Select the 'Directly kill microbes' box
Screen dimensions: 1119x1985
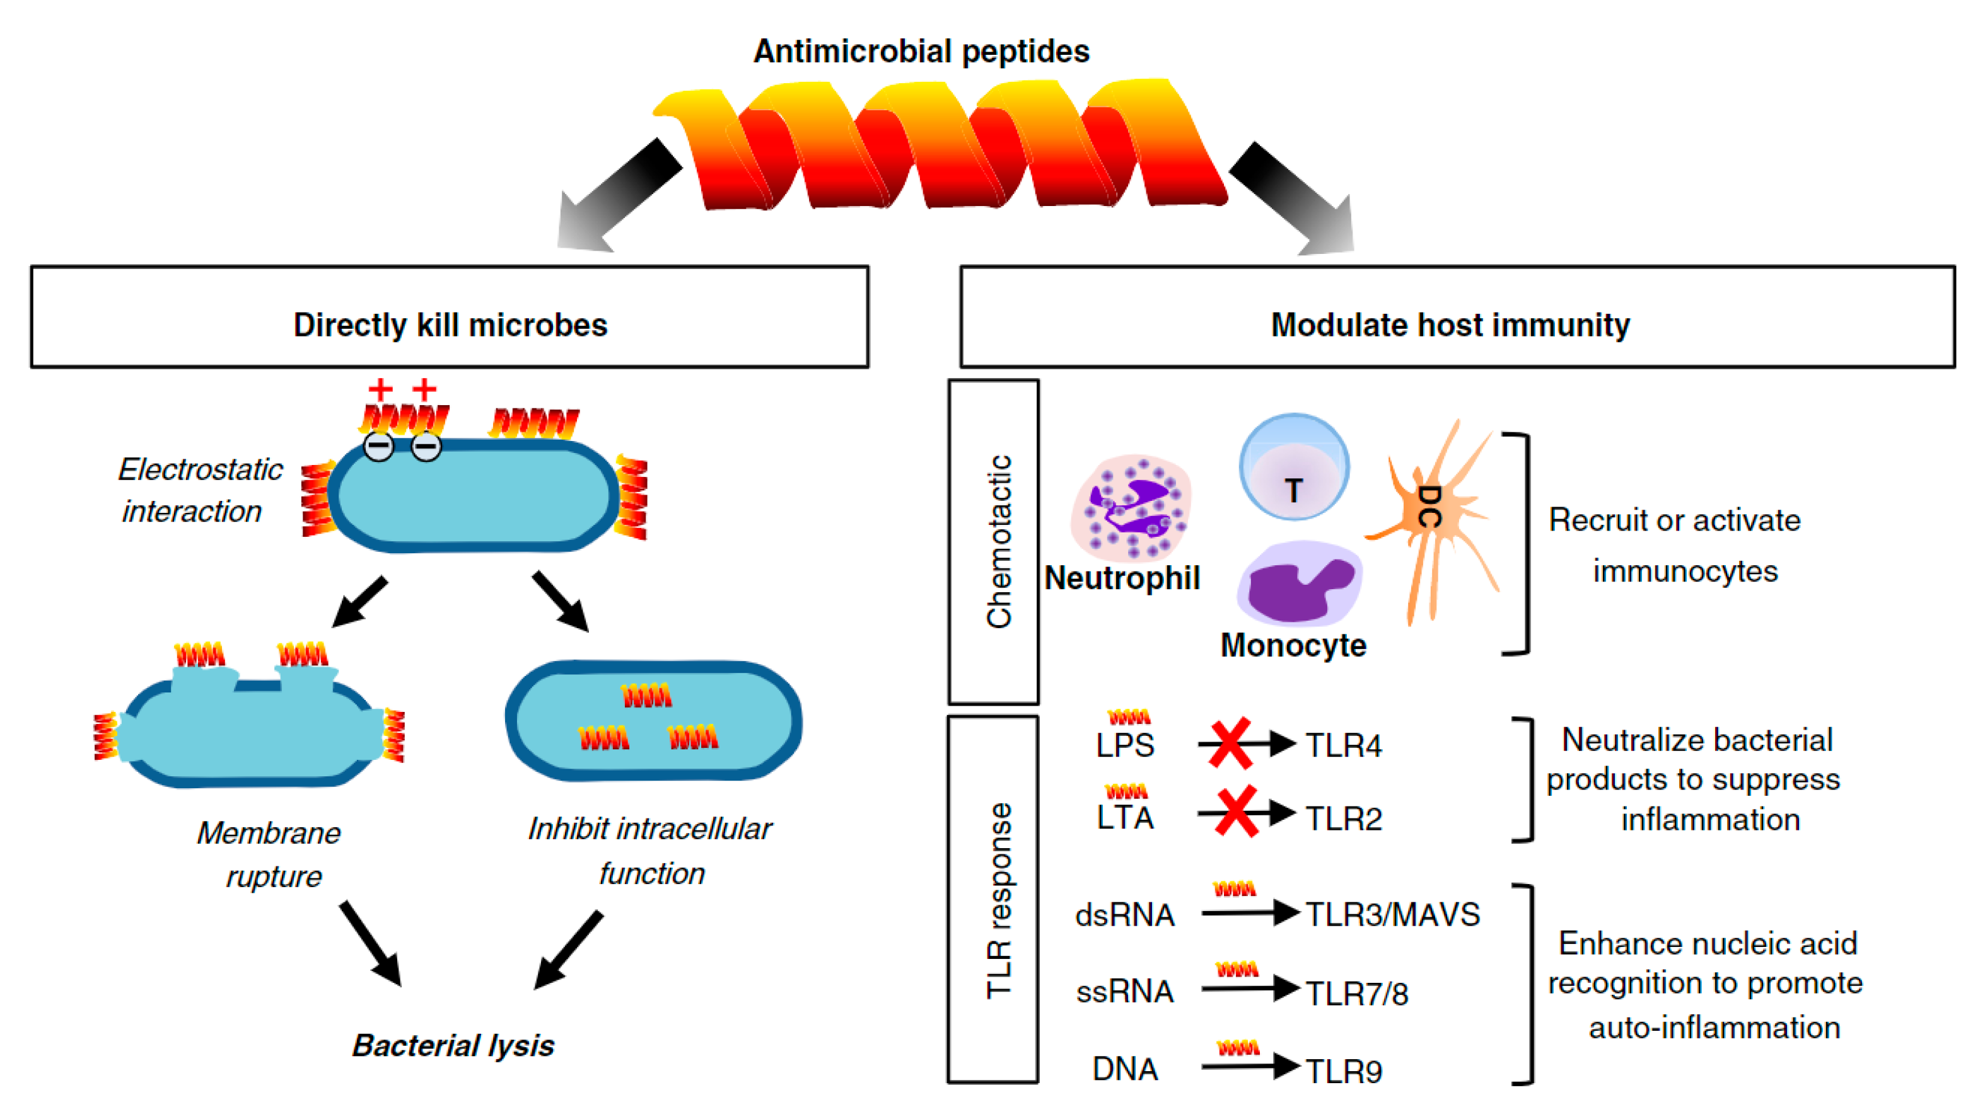(x=450, y=318)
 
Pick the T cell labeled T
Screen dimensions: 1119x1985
(x=1294, y=468)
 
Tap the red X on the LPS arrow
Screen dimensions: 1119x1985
(x=1230, y=744)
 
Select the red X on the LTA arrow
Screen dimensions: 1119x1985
(x=1236, y=813)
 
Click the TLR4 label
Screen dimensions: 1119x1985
(x=1344, y=745)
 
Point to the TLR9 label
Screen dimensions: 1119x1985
(x=1344, y=1071)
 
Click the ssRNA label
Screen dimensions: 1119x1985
(x=1125, y=992)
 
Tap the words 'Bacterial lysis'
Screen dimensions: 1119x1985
(x=453, y=1046)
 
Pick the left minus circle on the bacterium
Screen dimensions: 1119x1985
(x=378, y=446)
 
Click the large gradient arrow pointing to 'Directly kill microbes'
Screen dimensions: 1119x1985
(x=617, y=197)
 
